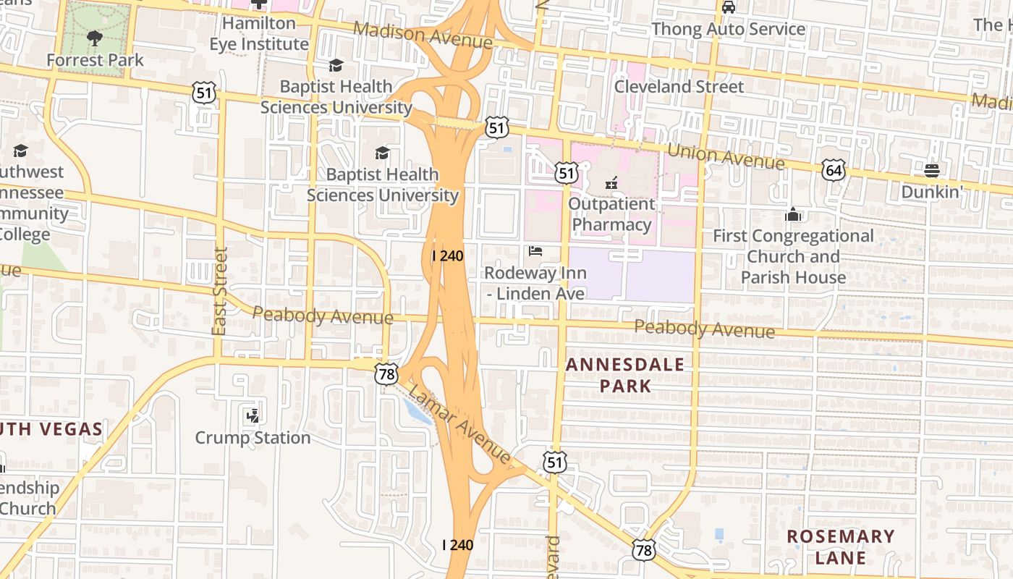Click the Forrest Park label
click(96, 60)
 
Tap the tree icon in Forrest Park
click(94, 38)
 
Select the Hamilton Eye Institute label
click(259, 33)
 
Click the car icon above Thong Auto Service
click(728, 8)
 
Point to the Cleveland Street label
click(679, 87)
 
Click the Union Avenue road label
click(726, 156)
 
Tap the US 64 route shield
click(834, 170)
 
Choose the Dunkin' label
click(933, 192)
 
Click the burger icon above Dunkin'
click(931, 171)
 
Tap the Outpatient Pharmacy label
click(612, 214)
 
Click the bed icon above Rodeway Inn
click(535, 251)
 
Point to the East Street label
click(220, 291)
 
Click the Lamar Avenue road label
click(459, 424)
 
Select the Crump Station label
click(253, 438)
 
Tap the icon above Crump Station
click(253, 415)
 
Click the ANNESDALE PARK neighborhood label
click(625, 375)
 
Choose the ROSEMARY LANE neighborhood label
click(841, 546)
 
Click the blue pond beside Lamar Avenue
click(418, 412)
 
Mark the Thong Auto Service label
click(728, 29)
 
